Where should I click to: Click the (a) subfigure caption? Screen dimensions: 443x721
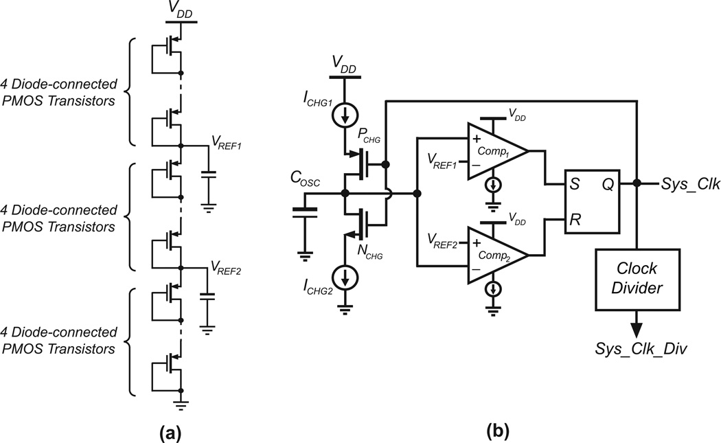tap(171, 431)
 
